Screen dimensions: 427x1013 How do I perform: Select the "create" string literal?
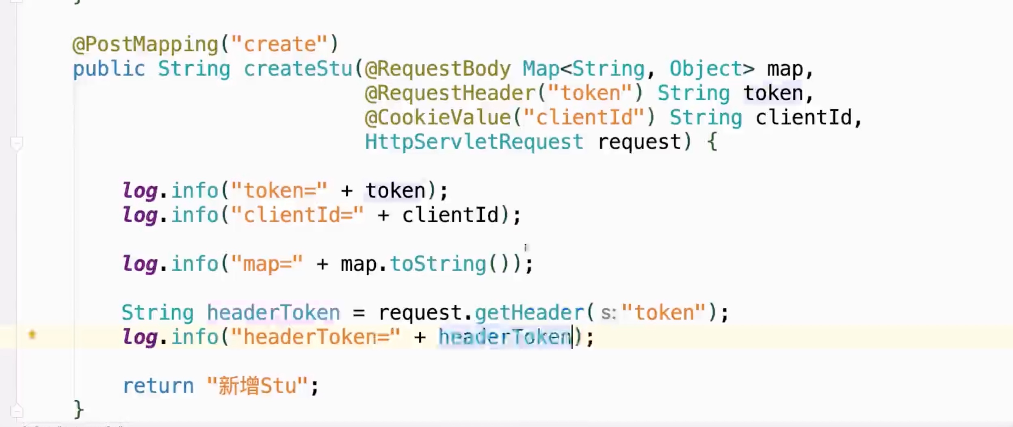coord(279,44)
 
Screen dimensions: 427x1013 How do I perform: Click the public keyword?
coord(109,69)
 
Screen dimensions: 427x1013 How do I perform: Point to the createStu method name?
coord(298,69)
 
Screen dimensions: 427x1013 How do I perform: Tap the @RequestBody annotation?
coord(437,69)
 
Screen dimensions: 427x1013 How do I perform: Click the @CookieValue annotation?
coord(437,118)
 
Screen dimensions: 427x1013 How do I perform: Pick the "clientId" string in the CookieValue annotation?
coord(584,118)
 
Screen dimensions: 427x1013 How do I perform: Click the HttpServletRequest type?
coord(474,142)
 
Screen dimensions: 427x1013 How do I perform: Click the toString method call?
coord(437,264)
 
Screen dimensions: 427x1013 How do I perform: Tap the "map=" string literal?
coord(267,264)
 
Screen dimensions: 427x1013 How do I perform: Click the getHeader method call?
coord(529,313)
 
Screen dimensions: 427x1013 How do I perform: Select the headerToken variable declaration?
coord(273,313)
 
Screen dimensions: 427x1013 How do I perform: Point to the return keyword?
coord(158,386)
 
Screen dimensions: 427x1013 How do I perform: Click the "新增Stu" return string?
coord(257,386)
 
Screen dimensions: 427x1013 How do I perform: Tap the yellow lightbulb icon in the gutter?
coord(32,335)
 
